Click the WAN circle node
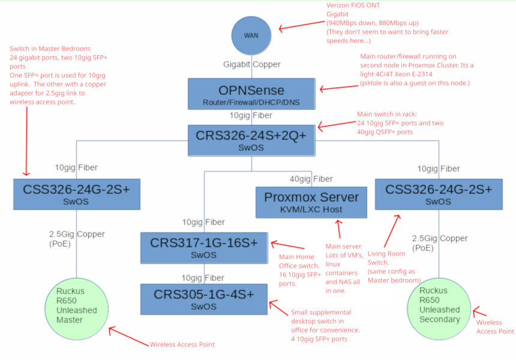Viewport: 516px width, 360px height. [x=251, y=35]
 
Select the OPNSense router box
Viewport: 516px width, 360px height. [x=251, y=94]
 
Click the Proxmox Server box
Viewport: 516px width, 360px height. [x=311, y=202]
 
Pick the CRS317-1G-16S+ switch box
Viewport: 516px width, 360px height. [x=204, y=248]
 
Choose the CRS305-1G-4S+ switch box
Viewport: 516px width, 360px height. [x=204, y=299]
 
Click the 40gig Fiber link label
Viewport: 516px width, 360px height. [x=312, y=179]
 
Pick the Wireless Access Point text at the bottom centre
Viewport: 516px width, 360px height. [x=182, y=344]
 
